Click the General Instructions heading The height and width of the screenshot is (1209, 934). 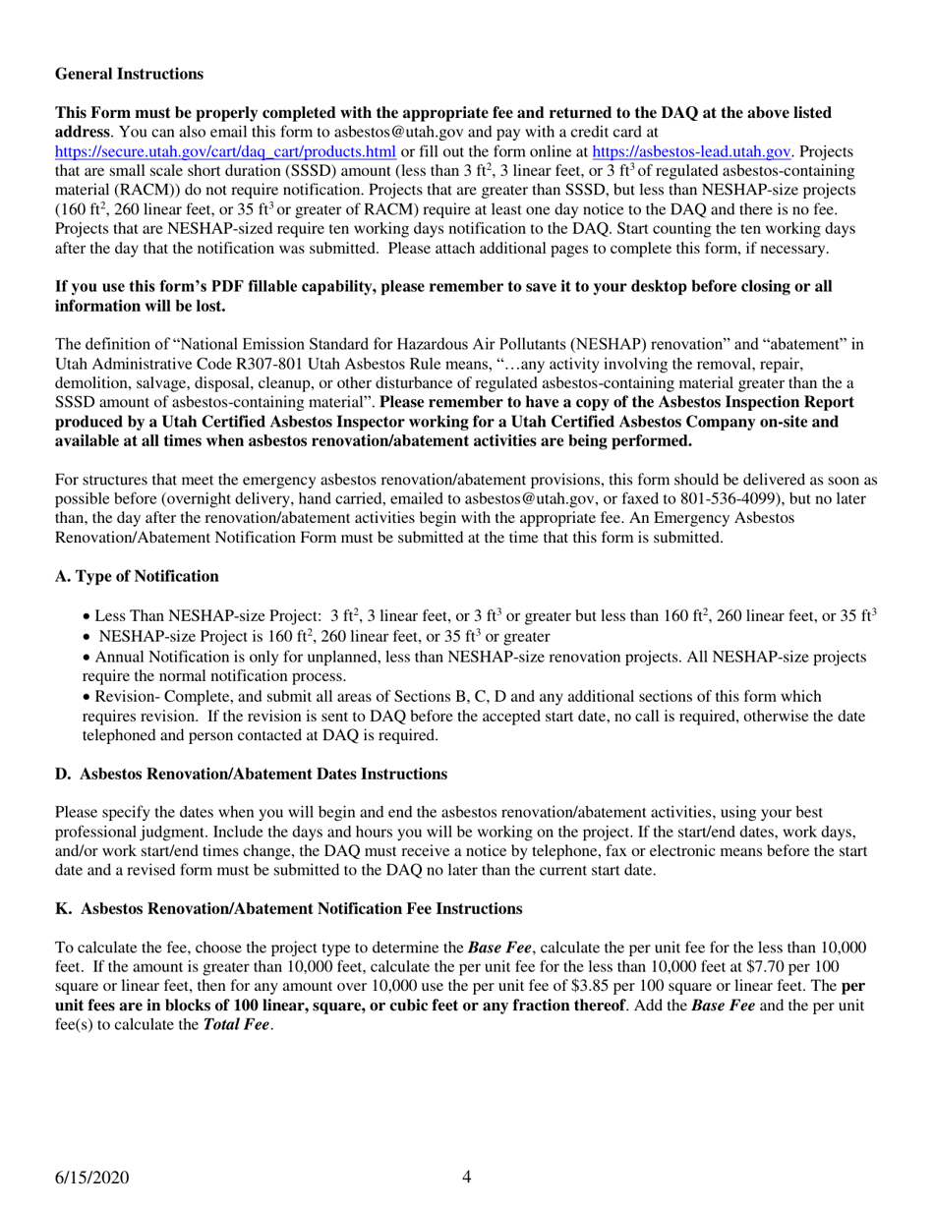[x=130, y=75]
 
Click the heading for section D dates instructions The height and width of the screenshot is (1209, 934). [x=251, y=775]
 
